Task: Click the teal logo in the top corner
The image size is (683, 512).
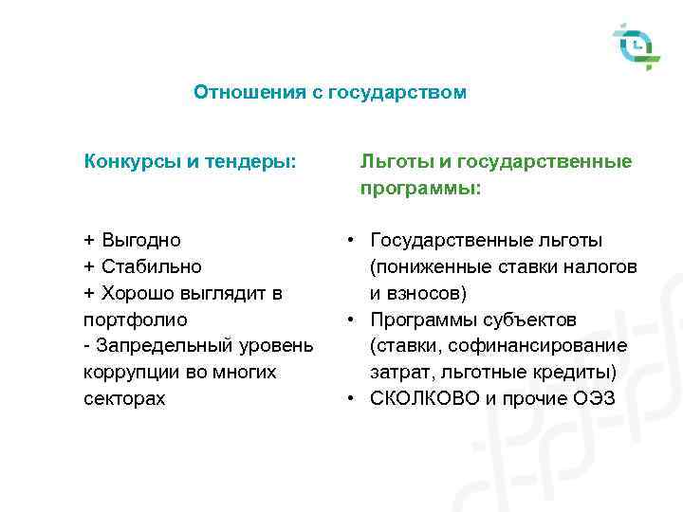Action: click(636, 46)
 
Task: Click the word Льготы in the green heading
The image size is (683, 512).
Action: click(392, 162)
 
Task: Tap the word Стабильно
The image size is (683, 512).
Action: click(150, 266)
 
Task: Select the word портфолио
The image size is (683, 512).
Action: click(136, 320)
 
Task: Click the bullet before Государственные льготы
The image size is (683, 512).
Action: click(350, 241)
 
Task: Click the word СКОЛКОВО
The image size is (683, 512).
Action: click(425, 399)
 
